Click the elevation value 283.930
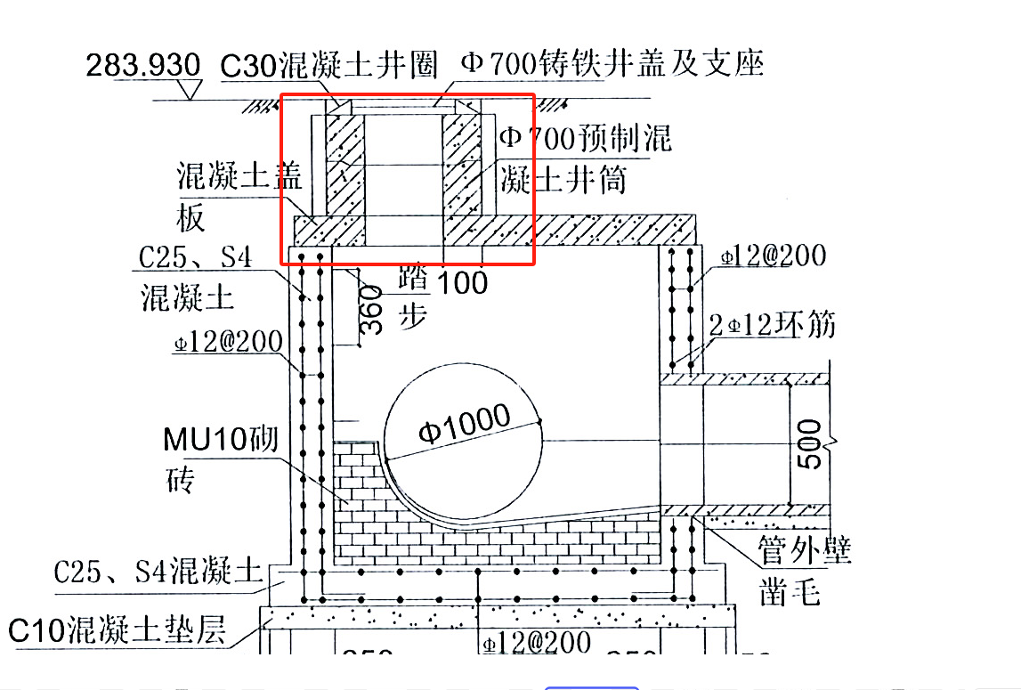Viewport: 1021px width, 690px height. pos(142,65)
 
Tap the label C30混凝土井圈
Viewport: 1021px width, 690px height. pos(330,64)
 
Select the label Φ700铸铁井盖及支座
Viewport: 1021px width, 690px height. pos(612,63)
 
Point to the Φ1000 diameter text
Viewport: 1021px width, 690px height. pos(465,426)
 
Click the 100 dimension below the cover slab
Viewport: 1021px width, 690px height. pos(464,282)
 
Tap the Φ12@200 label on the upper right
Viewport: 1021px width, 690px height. pos(773,256)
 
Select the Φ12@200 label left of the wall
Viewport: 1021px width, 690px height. pos(227,342)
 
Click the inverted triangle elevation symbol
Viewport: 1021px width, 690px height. pos(189,89)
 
